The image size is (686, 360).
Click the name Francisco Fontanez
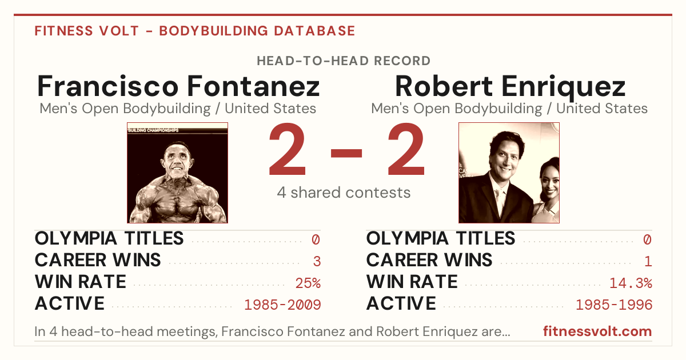[x=178, y=86]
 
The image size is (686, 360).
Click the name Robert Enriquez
[x=510, y=87]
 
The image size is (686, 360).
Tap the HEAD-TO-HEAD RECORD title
[x=344, y=61]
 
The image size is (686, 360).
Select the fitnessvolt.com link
[x=597, y=331]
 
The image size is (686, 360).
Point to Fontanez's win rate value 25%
[x=308, y=283]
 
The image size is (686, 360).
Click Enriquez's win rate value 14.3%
[x=631, y=283]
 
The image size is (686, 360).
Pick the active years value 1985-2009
[x=282, y=305]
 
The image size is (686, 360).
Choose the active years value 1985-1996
[x=614, y=305]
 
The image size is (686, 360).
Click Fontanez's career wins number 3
[x=317, y=262]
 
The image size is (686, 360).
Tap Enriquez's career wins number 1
[x=648, y=262]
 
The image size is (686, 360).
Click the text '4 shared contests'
[x=344, y=193]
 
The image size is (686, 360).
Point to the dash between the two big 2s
[x=346, y=153]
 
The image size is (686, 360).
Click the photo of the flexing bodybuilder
[x=177, y=173]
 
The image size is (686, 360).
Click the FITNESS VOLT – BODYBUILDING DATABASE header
[x=195, y=31]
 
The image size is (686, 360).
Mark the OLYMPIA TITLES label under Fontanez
[x=109, y=238]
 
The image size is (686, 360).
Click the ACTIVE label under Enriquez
[x=401, y=303]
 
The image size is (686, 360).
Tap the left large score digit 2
[x=287, y=149]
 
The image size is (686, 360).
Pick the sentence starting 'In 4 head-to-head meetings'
[x=272, y=331]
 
